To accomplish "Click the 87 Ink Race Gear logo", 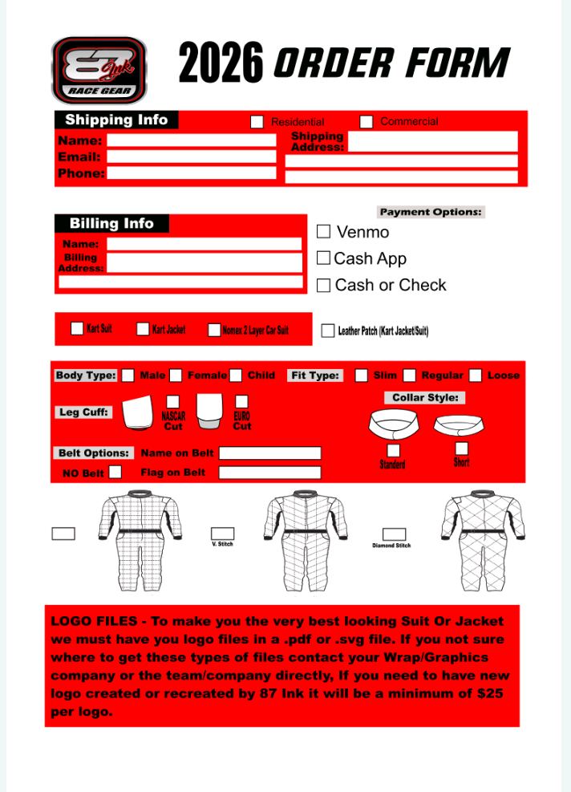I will point(99,70).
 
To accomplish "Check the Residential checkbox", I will point(257,122).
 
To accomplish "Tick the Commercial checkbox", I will point(366,122).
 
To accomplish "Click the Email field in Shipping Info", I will point(191,157).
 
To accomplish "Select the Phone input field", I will point(191,173).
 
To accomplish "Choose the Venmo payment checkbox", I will point(324,232).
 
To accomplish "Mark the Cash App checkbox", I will point(323,258).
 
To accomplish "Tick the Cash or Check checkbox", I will point(324,285).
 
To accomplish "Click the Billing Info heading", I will point(111,224).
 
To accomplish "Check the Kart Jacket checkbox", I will point(143,328).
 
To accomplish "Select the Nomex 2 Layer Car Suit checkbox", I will point(214,330).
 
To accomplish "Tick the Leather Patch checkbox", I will point(327,331).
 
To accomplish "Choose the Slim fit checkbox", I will point(362,375).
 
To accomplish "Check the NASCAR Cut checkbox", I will point(172,400).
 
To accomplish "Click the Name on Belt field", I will point(269,453).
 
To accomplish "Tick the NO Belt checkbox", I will point(115,472).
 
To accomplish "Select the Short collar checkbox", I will point(461,449).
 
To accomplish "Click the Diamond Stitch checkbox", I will point(394,534).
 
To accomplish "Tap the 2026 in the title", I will point(221,64).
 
